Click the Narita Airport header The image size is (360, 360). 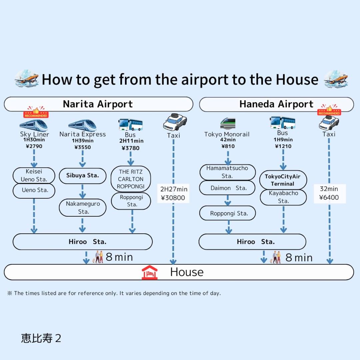[98, 104]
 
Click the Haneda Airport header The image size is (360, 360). [276, 104]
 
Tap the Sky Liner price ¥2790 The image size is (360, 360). [34, 146]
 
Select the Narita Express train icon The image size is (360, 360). [82, 125]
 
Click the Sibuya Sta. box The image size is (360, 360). [82, 176]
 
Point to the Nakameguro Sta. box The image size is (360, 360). [82, 208]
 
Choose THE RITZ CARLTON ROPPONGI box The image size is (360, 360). [131, 179]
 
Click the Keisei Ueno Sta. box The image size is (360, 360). [34, 175]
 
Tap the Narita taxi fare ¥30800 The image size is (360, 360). [173, 198]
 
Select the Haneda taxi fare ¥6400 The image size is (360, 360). [329, 197]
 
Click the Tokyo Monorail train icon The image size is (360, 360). [228, 123]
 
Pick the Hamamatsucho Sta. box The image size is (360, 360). [227, 172]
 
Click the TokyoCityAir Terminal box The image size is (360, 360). [283, 180]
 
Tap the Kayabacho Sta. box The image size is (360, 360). [283, 197]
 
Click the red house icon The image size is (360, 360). [149, 272]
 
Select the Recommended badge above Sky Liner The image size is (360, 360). [36, 113]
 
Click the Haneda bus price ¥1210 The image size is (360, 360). [283, 146]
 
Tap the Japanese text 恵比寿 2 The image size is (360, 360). [41, 338]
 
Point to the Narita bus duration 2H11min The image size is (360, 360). [131, 141]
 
